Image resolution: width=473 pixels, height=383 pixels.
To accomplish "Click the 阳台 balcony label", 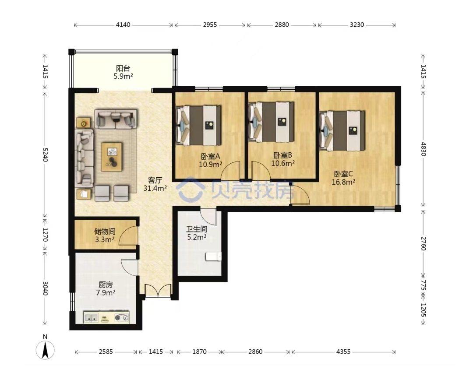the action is click(123, 68).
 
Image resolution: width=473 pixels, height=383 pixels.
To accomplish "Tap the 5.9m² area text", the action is click(124, 76).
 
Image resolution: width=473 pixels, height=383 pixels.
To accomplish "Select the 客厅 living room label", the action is click(155, 180).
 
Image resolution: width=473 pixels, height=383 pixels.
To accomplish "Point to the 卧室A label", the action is click(211, 157).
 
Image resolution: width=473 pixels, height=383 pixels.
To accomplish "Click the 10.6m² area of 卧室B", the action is click(283, 163).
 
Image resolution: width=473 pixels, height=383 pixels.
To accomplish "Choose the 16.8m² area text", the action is click(343, 182).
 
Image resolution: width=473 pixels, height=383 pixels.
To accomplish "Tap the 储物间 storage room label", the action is click(105, 232).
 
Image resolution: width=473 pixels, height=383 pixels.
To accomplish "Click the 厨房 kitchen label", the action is click(106, 285).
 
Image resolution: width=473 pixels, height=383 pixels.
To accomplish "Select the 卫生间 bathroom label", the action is click(197, 229).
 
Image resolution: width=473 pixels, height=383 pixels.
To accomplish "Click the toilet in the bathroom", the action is click(214, 257).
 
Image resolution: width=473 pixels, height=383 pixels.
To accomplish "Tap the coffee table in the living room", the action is click(112, 157).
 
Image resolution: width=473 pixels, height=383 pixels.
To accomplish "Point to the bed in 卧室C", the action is click(342, 130).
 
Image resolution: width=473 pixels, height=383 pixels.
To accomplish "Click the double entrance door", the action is click(158, 291).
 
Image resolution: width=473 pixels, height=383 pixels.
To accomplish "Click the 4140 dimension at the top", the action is click(123, 25).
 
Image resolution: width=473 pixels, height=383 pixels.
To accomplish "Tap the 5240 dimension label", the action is click(45, 155).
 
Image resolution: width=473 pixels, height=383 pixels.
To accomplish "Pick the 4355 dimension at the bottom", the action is click(343, 351).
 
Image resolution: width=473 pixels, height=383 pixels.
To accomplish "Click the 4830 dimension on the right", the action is click(423, 149).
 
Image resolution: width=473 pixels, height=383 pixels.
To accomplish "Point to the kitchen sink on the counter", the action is click(92, 317).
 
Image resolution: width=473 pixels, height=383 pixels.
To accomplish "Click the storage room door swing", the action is click(128, 235).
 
